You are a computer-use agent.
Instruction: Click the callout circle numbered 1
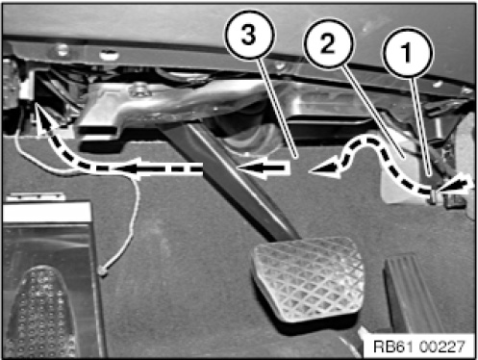408,53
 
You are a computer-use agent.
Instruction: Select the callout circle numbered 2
329,43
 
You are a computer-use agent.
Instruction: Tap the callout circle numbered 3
249,35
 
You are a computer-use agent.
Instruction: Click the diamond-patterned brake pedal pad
308,278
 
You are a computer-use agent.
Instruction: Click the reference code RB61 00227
419,347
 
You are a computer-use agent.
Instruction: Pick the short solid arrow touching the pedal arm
263,168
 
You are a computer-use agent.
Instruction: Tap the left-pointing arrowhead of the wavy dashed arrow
324,168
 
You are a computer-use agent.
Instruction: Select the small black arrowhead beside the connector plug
457,186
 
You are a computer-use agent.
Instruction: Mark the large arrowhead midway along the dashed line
128,167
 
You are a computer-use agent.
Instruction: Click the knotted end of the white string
103,272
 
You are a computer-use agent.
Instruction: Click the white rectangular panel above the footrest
46,213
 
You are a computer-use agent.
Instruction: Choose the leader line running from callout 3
278,108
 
